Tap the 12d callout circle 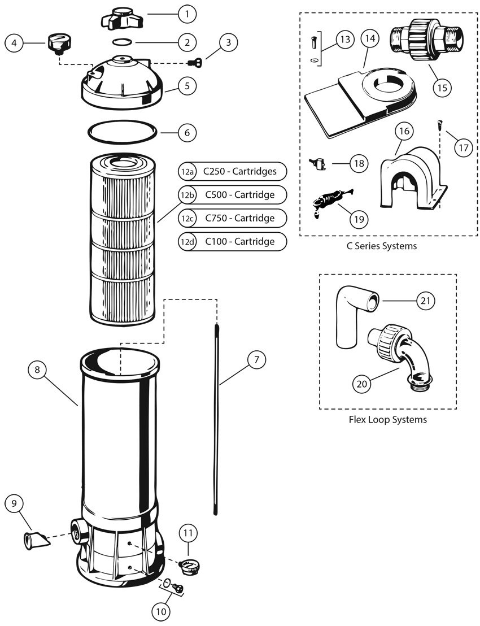click(187, 242)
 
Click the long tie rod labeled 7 click(216, 418)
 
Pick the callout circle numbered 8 click(38, 371)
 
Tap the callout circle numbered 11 click(189, 532)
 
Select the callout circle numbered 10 click(161, 610)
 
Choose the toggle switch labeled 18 click(317, 164)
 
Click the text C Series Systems click(382, 246)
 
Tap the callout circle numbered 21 click(426, 301)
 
